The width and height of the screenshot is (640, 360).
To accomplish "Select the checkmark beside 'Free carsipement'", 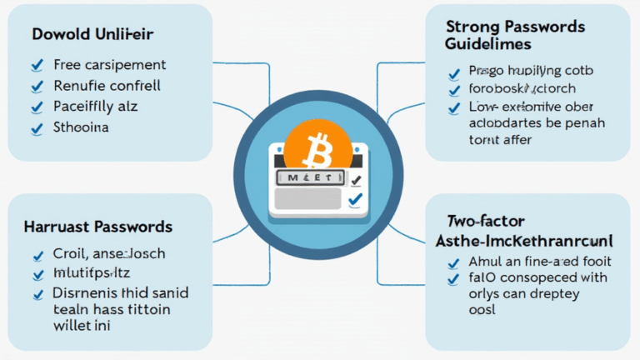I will pos(36,64).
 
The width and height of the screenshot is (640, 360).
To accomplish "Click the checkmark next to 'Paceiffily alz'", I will pos(36,107).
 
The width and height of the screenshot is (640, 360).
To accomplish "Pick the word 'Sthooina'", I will pos(82,128).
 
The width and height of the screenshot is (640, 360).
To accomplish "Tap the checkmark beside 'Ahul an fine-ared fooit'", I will pos(453,263).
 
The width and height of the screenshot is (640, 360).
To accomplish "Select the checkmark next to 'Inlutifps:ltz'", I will pos(36,274).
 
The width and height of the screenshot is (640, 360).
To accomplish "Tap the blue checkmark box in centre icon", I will pos(355,198).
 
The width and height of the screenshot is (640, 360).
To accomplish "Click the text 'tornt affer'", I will pos(501,140).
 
